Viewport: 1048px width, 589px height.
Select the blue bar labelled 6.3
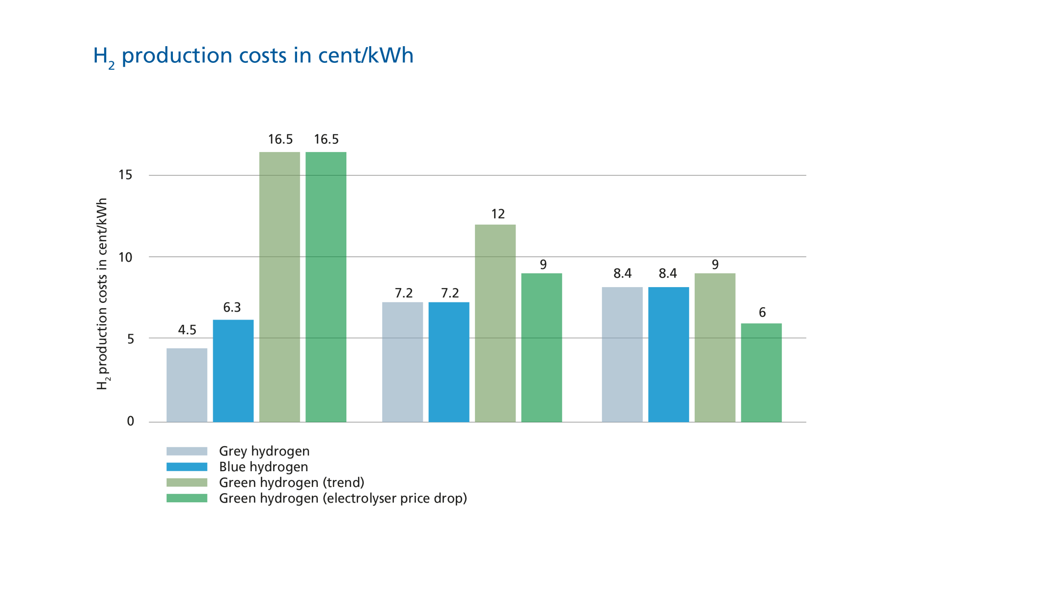[x=233, y=370]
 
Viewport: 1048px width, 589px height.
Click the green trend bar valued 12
[x=495, y=322]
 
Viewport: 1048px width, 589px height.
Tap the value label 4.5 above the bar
[x=187, y=330]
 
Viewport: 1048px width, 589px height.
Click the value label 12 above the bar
[x=497, y=214]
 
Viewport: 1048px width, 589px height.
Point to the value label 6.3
[x=232, y=308]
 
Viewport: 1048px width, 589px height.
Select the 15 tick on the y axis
[x=126, y=175]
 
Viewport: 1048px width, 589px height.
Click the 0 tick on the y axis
[x=130, y=421]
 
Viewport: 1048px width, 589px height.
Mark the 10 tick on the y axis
[x=126, y=257]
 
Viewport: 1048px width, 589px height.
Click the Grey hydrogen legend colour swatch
[x=187, y=451]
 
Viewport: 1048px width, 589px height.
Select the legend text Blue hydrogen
[x=263, y=467]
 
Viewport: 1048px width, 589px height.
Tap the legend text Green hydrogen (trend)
[x=291, y=482]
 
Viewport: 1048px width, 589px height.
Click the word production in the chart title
[x=177, y=56]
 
